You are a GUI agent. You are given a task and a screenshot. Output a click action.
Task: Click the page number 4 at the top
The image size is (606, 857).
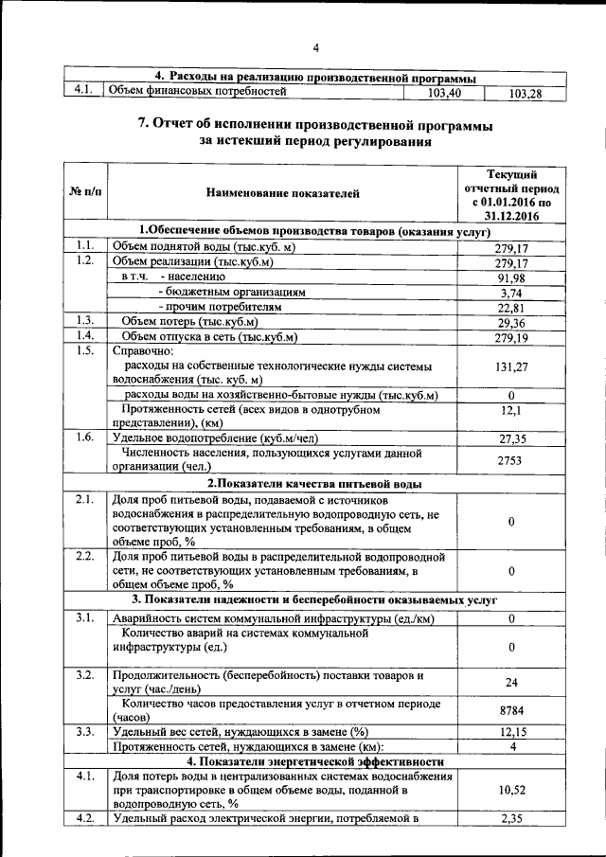317,48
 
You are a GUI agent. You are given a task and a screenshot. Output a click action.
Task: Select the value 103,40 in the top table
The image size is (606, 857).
443,93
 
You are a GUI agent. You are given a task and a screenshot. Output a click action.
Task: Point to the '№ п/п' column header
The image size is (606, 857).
84,193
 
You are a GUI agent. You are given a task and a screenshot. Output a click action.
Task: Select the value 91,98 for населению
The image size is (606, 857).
510,277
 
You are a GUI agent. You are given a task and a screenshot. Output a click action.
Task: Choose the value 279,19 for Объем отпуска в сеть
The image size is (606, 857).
510,337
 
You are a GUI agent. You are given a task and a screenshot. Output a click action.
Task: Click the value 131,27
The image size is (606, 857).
510,366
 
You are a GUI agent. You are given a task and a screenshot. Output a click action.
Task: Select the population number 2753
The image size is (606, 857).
510,458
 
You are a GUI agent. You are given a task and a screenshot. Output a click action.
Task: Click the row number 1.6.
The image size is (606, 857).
84,437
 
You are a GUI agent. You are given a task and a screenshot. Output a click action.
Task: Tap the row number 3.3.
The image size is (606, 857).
84,731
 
